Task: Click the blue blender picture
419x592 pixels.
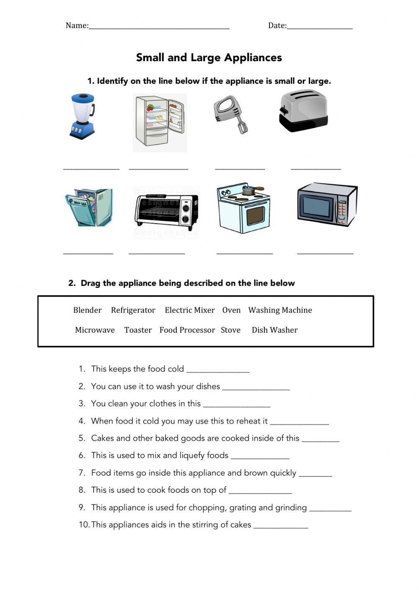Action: click(82, 116)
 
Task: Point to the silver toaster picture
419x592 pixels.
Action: click(303, 111)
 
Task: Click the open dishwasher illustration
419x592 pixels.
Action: click(89, 207)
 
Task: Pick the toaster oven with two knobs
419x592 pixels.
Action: click(166, 210)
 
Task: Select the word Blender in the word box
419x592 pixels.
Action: click(87, 310)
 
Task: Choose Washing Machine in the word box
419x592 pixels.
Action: click(280, 310)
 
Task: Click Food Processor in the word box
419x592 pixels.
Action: click(187, 330)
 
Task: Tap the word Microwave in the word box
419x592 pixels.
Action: click(95, 330)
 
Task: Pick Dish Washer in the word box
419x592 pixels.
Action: click(274, 330)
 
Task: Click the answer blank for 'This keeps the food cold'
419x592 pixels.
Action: click(218, 371)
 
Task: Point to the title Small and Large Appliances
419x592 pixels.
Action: click(209, 57)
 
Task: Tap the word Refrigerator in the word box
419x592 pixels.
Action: click(133, 310)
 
